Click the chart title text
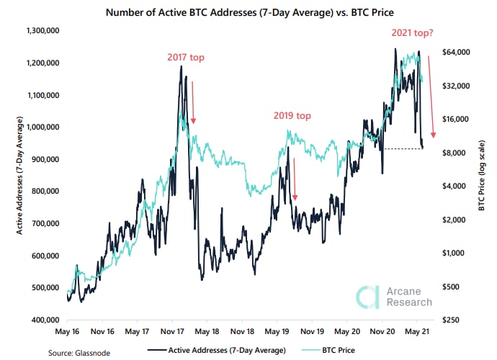[x=248, y=12]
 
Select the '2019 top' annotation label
[x=292, y=115]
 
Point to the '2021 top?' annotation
[x=418, y=33]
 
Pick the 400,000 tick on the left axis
[x=44, y=319]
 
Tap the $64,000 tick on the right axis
[x=455, y=53]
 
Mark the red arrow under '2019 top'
[x=294, y=180]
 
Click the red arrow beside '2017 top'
[x=193, y=101]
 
